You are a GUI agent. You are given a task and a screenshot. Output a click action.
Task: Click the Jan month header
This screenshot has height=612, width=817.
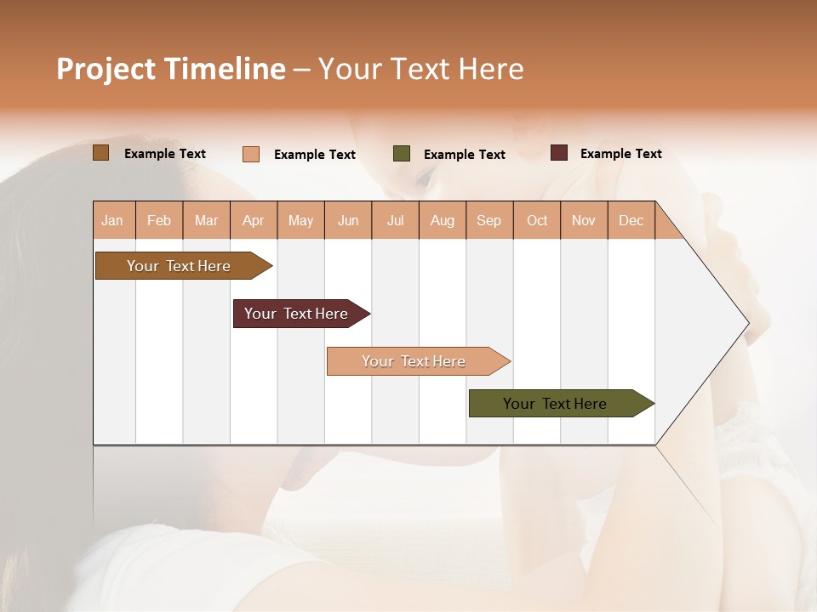(x=113, y=220)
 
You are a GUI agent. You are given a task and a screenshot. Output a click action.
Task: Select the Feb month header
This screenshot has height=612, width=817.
(x=159, y=220)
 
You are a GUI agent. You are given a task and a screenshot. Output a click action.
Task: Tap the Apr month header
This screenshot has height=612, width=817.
(x=254, y=220)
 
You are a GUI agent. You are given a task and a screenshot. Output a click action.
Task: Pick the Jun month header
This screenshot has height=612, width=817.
(x=348, y=220)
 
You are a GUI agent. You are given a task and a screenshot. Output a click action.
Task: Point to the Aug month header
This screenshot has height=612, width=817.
(x=443, y=220)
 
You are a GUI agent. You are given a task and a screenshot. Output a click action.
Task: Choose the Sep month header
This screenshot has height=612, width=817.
(x=489, y=220)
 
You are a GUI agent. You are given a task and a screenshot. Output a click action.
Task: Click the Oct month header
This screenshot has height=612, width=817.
(x=537, y=220)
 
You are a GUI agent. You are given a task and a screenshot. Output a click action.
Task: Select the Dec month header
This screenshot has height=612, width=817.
(x=631, y=220)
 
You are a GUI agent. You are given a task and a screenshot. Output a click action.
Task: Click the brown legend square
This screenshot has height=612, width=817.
(x=101, y=153)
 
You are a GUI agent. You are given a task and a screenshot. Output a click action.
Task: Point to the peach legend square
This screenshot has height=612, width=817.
(x=251, y=154)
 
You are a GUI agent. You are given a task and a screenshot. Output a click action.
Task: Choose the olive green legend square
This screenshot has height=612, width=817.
(x=402, y=154)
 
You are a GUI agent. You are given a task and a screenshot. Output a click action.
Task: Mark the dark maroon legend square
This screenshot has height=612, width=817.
(x=559, y=153)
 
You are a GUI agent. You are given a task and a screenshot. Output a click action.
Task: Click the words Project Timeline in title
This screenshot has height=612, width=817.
(x=171, y=69)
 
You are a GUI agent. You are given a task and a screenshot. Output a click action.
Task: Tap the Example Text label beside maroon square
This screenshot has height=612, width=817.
(x=621, y=154)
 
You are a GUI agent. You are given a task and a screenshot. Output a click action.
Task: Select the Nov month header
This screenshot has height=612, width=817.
(x=584, y=220)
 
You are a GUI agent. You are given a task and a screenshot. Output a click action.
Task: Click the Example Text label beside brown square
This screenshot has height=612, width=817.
(x=165, y=154)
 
